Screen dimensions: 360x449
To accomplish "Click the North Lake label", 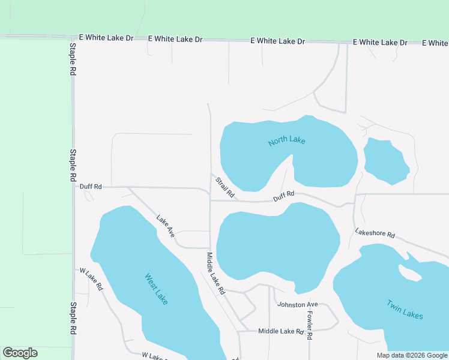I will tap(287, 140).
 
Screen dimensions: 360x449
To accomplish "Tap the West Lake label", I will tap(156, 289).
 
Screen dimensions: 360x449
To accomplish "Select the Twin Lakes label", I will tap(405, 310).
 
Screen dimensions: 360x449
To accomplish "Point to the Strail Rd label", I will tap(224, 187).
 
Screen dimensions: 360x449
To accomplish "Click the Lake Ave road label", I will tap(165, 226).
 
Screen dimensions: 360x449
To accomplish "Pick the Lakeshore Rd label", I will tap(375, 233).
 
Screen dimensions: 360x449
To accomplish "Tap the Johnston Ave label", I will tap(297, 305).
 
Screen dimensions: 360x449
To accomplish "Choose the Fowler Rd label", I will tap(310, 325).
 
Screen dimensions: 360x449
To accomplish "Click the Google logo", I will tap(20, 353).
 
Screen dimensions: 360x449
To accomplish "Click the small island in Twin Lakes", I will tap(410, 273).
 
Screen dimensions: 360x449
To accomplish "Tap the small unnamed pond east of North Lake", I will tap(387, 161).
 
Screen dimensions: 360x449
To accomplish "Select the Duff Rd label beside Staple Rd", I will tap(91, 187).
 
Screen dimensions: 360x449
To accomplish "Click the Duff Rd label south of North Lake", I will tap(284, 196).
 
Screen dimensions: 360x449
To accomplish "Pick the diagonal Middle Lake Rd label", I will tap(215, 273).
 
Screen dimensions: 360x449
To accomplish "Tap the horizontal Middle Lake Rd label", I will tap(281, 331).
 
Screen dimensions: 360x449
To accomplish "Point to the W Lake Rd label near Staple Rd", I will tap(91, 279).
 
